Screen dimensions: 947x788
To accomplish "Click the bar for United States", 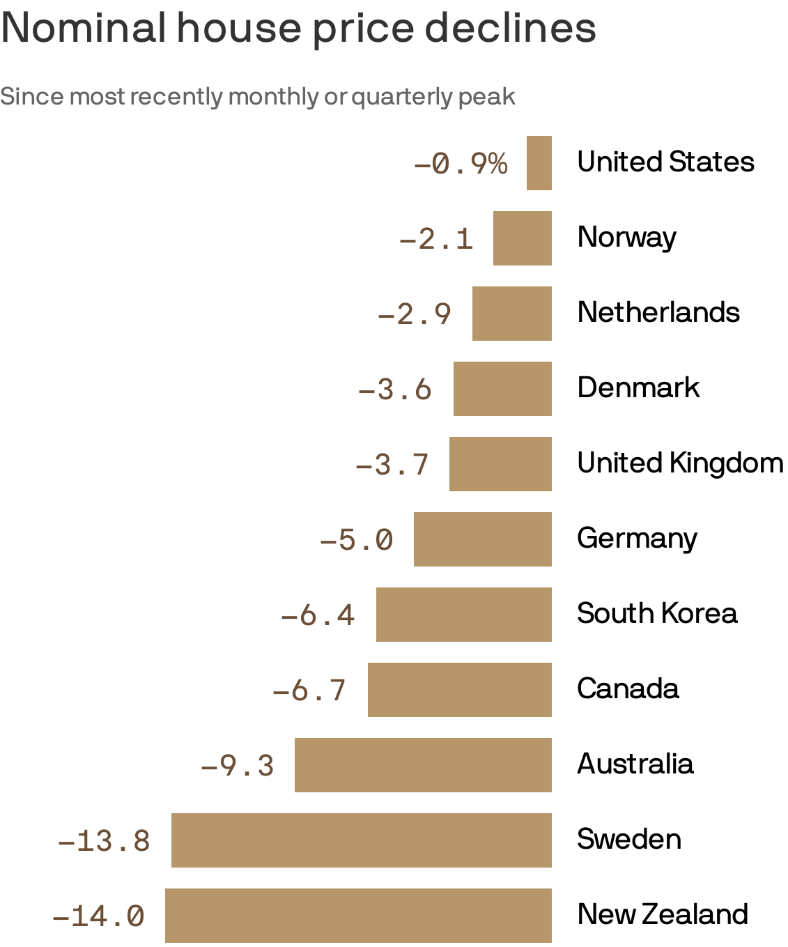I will click(x=539, y=163).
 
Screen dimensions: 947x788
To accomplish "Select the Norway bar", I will click(x=522, y=238).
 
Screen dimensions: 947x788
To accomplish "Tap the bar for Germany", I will click(x=482, y=539).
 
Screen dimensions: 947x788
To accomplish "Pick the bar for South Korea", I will click(x=463, y=615).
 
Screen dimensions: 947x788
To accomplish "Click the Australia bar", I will click(x=423, y=765).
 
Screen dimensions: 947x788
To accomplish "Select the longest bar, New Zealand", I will click(x=358, y=916).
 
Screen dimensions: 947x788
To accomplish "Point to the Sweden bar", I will click(x=361, y=840).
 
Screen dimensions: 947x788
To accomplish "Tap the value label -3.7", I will click(x=392, y=465).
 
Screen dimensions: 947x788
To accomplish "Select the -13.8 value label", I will click(x=104, y=841).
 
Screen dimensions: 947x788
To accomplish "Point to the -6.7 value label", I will click(x=309, y=691).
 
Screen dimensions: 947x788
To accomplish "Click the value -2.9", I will click(x=414, y=314).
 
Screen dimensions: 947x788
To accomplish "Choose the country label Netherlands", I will click(x=658, y=312).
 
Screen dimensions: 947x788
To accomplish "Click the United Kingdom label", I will click(x=680, y=463).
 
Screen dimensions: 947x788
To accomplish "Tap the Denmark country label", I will click(x=638, y=387).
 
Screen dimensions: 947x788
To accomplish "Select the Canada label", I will click(x=628, y=688).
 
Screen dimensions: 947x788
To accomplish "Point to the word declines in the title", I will click(x=510, y=28).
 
